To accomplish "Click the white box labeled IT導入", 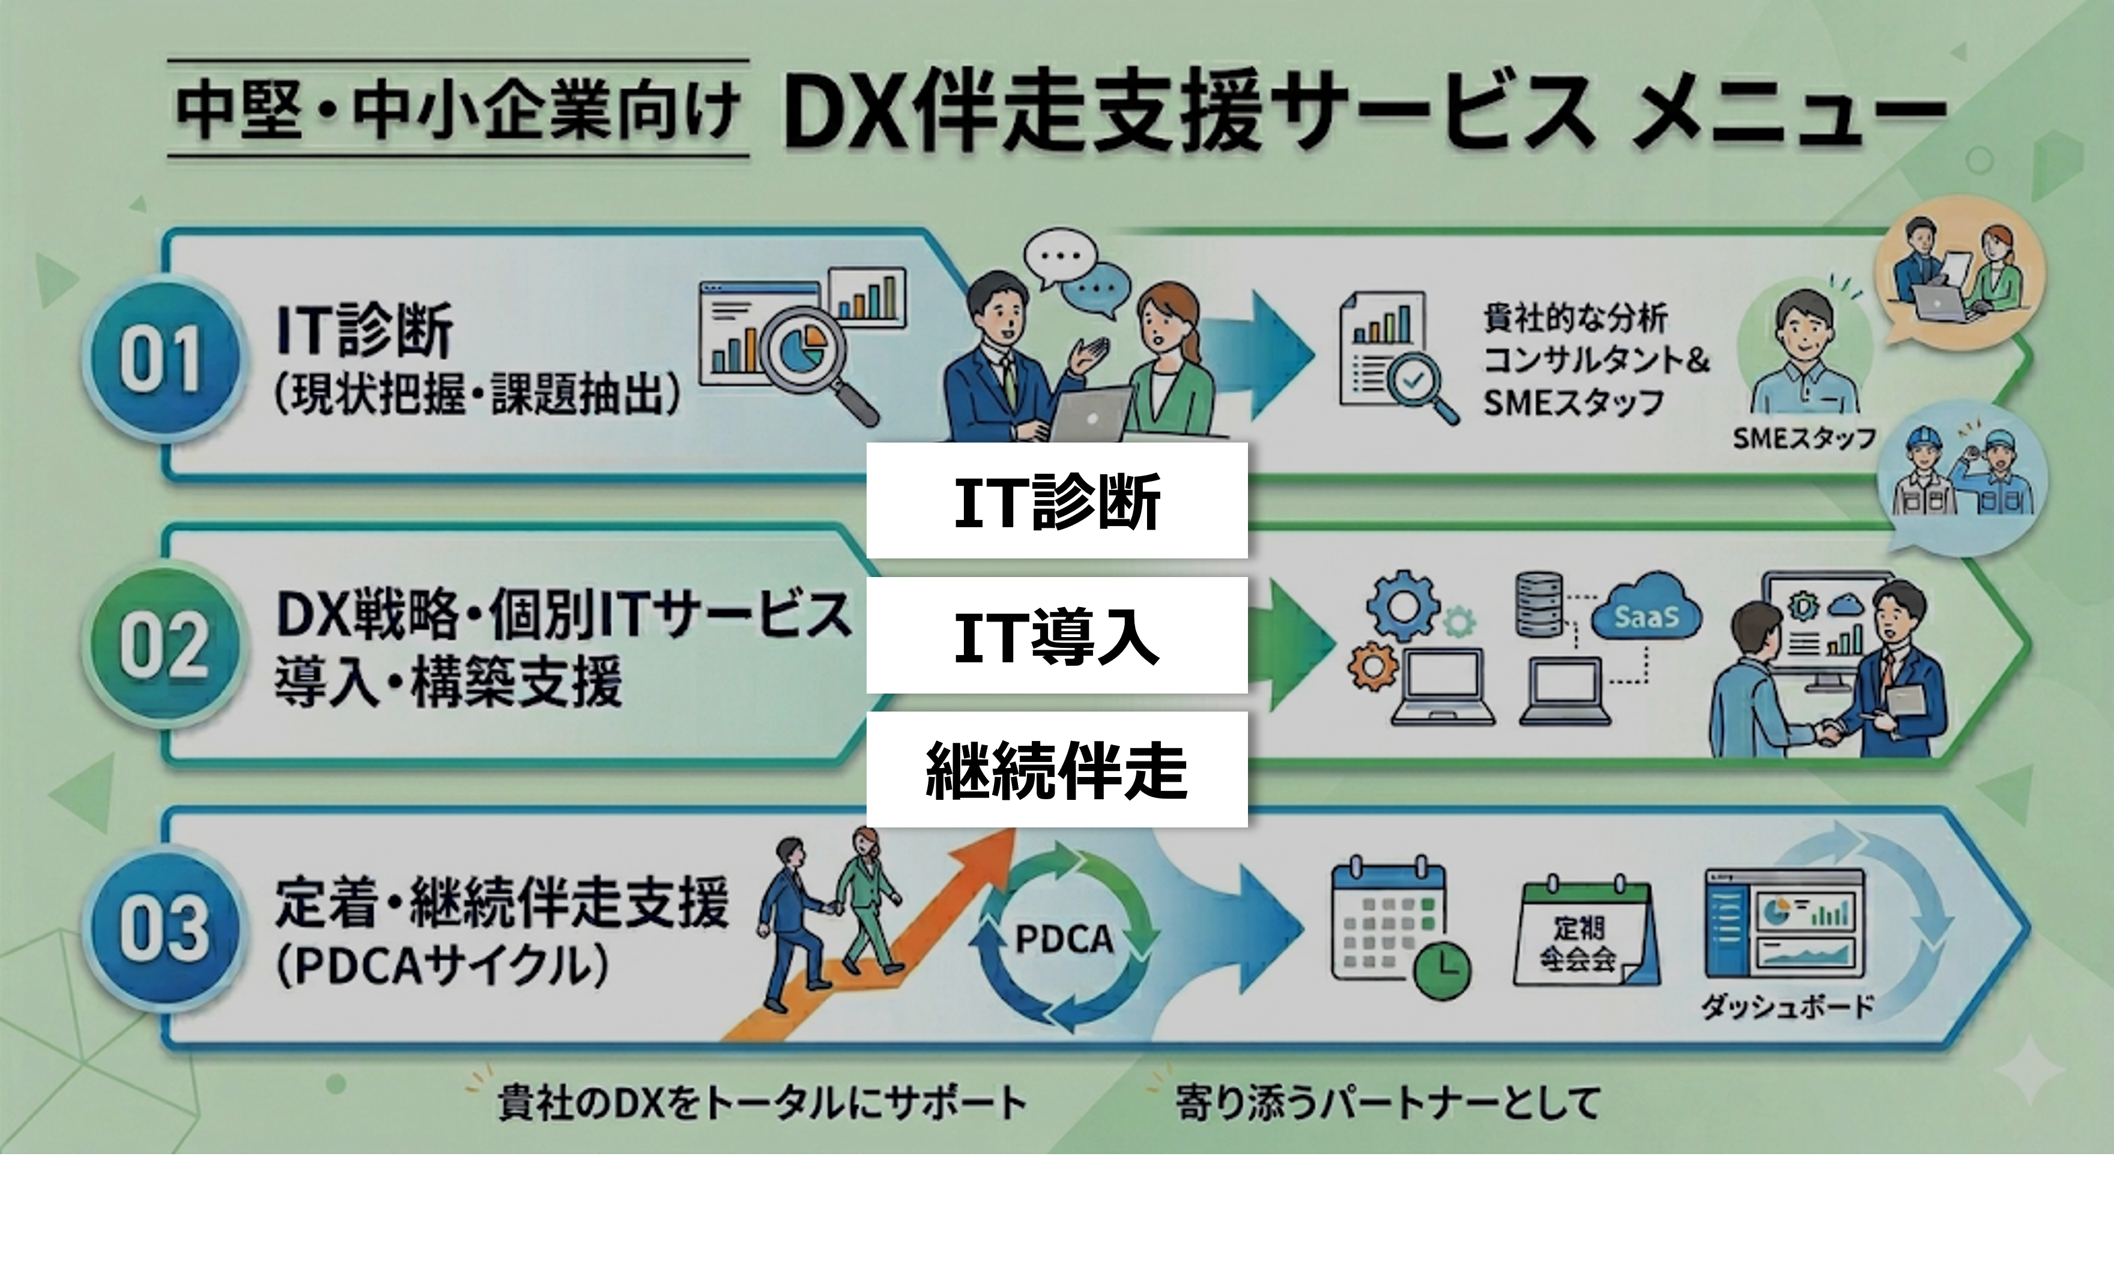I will pyautogui.click(x=1056, y=635).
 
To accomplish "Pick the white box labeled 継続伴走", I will pyautogui.click(x=1056, y=769).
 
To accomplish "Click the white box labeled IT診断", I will pyautogui.click(x=1056, y=501).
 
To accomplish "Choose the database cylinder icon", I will pyautogui.click(x=1538, y=604).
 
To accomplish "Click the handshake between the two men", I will pyautogui.click(x=1828, y=732).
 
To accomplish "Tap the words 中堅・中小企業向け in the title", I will pyautogui.click(x=458, y=109).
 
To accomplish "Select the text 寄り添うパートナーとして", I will pyautogui.click(x=1387, y=1103).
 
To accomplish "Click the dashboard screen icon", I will pyautogui.click(x=1784, y=924).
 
